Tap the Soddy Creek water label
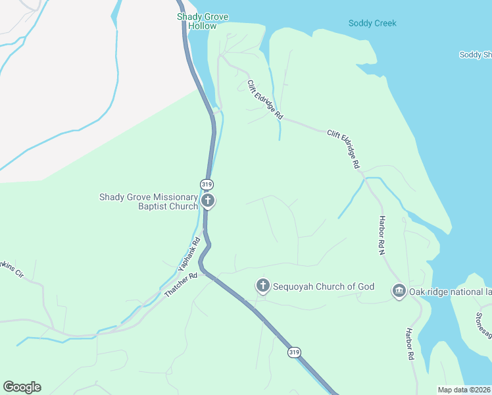click(x=372, y=24)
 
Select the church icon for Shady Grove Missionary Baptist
click(x=208, y=201)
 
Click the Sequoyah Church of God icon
click(x=262, y=286)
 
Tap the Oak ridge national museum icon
click(x=399, y=290)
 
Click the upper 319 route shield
click(x=207, y=184)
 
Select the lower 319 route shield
click(x=294, y=353)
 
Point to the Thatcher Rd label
click(x=181, y=285)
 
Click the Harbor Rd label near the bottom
click(x=409, y=344)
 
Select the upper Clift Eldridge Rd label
click(x=265, y=99)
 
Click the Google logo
click(x=22, y=387)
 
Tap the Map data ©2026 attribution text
click(x=464, y=390)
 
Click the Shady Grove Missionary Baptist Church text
click(x=148, y=201)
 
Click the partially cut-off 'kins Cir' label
click(x=12, y=269)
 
